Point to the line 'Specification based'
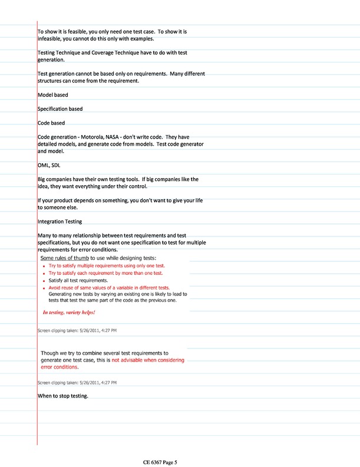point(60,108)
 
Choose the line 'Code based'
point(51,123)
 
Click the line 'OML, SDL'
point(49,165)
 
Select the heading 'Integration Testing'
point(60,222)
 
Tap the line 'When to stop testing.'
point(62,396)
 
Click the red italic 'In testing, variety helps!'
point(69,312)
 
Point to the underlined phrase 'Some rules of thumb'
point(64,258)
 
